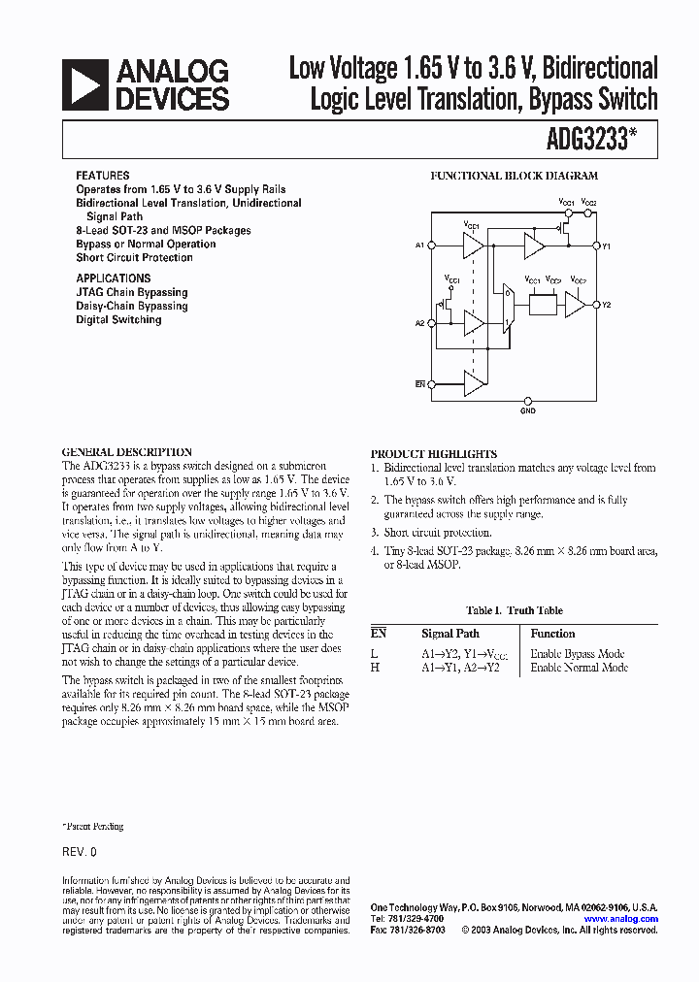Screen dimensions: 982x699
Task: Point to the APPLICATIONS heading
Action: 113,278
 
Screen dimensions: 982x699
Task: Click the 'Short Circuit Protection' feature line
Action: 134,258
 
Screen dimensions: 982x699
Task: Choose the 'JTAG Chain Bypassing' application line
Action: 132,292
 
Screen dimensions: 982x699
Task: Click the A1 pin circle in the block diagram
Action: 428,245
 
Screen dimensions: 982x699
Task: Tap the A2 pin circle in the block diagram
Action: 428,323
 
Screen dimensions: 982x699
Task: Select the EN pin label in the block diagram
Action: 420,384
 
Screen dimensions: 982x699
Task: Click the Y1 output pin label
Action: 606,246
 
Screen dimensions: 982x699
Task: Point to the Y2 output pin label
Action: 606,306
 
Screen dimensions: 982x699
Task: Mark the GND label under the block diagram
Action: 527,410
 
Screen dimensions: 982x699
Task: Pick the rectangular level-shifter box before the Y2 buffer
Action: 543,306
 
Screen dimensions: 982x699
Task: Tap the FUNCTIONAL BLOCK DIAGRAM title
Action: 514,177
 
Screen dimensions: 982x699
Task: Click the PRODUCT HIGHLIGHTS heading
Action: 433,454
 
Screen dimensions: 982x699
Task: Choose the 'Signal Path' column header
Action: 450,633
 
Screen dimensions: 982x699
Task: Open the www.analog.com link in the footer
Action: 620,918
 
